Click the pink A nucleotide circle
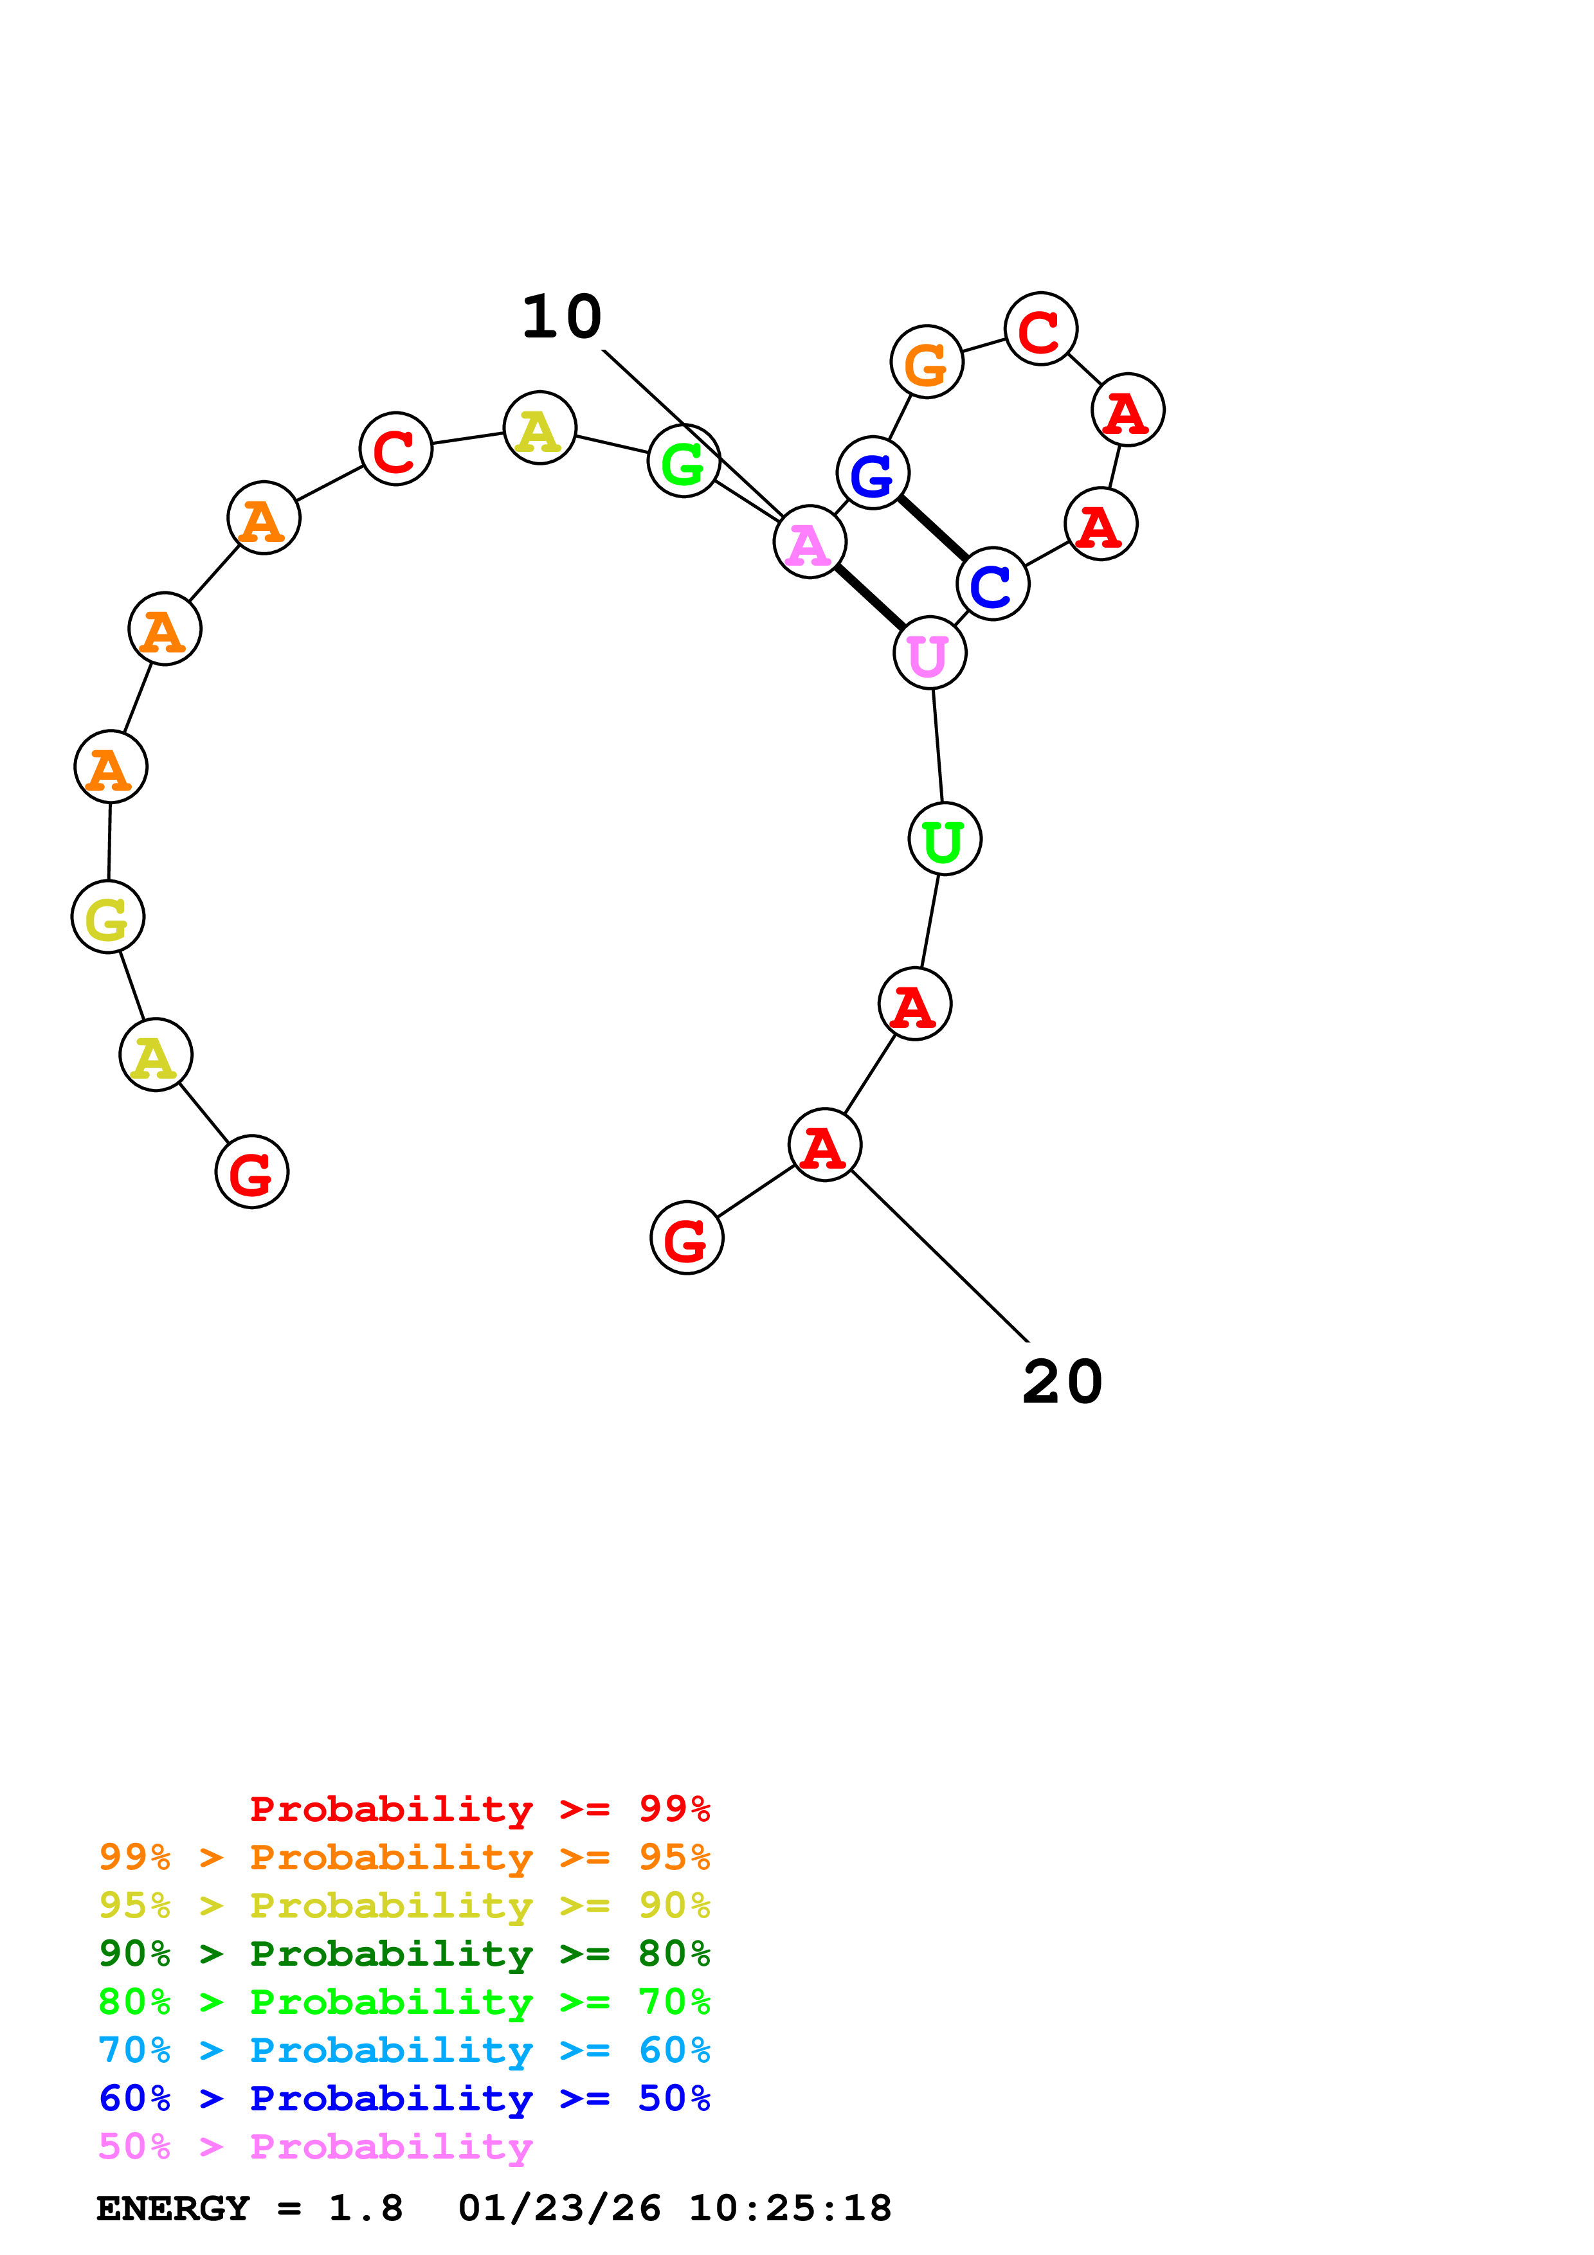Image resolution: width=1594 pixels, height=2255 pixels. (x=810, y=542)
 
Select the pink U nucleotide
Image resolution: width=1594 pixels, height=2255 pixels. (x=929, y=653)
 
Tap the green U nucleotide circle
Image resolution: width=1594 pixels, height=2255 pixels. (x=945, y=839)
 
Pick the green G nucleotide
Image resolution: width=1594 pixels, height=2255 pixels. (x=684, y=461)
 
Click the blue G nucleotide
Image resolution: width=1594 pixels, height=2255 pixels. (x=872, y=472)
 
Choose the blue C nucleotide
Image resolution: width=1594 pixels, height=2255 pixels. (x=992, y=584)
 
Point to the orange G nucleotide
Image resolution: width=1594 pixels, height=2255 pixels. (x=926, y=363)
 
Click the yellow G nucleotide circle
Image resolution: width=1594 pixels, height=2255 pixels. (x=108, y=917)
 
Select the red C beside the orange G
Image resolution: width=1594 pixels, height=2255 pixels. (x=1040, y=329)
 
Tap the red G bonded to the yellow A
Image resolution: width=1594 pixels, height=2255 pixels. (x=251, y=1172)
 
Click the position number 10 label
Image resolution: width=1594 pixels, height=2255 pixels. (x=562, y=318)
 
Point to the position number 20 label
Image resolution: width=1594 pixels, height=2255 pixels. (x=1063, y=1382)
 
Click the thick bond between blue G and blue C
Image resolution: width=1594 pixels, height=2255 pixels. (x=932, y=528)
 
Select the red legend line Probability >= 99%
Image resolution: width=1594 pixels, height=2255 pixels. (x=479, y=1808)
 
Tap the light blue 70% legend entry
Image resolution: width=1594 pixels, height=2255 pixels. (x=404, y=2050)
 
